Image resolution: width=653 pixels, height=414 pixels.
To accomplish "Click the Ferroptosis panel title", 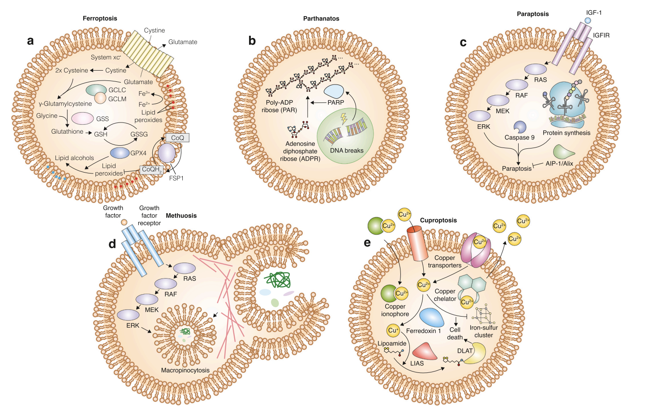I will [100, 18].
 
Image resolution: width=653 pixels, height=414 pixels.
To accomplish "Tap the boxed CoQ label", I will [177, 138].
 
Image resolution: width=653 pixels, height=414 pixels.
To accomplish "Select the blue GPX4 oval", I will [120, 153].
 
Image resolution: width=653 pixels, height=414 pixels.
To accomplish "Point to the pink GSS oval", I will [82, 118].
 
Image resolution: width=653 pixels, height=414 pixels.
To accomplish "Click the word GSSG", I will [139, 134].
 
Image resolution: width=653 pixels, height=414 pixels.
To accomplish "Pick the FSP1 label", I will [176, 178].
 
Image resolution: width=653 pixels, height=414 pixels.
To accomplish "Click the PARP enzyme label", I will [335, 102].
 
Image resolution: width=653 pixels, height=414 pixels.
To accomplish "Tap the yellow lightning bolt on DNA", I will [344, 118].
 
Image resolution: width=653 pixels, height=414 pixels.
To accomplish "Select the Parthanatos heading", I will [321, 18].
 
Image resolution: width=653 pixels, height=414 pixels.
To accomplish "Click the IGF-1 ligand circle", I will [588, 21].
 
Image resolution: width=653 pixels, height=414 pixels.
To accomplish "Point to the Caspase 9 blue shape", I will [520, 127].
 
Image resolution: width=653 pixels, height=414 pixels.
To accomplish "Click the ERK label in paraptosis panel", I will [483, 127].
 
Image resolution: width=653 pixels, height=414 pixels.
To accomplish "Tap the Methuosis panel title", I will [181, 215].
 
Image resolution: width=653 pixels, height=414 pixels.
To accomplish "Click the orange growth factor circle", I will [124, 222].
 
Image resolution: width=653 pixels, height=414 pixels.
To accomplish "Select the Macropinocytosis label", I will [185, 370].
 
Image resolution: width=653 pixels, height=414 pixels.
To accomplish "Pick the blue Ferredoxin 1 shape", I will [432, 317].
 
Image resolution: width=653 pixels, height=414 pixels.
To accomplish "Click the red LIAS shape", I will [424, 351].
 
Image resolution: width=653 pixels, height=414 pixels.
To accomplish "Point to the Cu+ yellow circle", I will [393, 330].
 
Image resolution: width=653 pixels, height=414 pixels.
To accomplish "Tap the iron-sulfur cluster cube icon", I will [484, 315].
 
